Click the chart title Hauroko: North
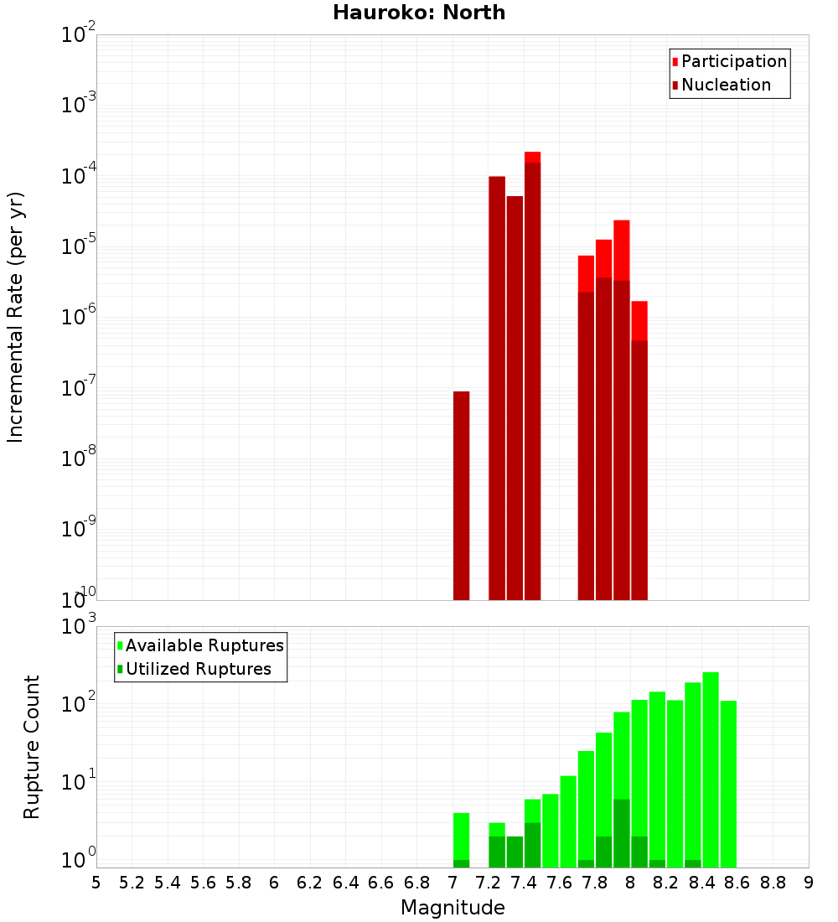tap(419, 13)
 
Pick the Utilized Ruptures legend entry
tap(197, 669)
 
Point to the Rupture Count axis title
tap(32, 747)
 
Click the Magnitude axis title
tap(453, 908)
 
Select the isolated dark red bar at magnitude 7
tap(461, 495)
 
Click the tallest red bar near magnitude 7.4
tap(532, 377)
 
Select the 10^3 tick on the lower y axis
tap(80, 626)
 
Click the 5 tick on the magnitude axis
tap(96, 883)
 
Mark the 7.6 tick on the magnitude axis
tap(559, 883)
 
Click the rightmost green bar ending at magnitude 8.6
tap(728, 784)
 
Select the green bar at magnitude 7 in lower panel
tap(461, 838)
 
